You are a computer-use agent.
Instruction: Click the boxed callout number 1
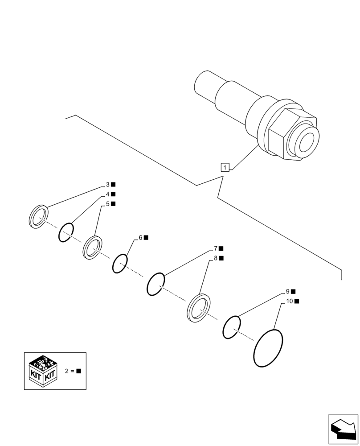[x=225, y=168]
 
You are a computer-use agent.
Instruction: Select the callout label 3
[x=108, y=185]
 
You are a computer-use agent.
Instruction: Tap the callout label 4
[x=108, y=194]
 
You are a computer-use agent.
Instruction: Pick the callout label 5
[x=108, y=204]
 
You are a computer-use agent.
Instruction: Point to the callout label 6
[x=140, y=238]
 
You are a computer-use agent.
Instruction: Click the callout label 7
[x=215, y=248]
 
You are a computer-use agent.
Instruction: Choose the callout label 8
[x=215, y=258]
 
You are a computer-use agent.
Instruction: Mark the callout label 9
[x=287, y=291]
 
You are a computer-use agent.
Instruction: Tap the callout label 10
[x=289, y=301]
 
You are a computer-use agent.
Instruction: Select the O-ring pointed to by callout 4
[x=65, y=232]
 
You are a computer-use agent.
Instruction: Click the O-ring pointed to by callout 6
[x=120, y=263]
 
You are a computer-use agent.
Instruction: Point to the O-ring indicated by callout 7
[x=156, y=284]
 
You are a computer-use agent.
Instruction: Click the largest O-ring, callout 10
[x=268, y=348]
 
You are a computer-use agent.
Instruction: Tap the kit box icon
[x=44, y=370]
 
